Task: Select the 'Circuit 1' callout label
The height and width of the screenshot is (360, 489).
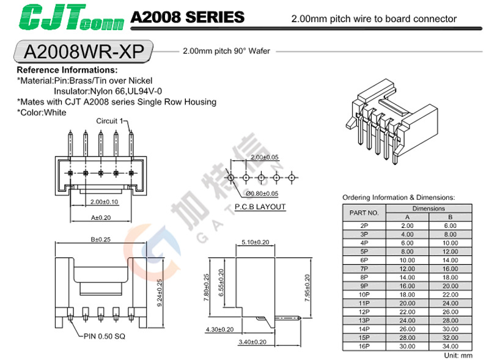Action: [110, 121]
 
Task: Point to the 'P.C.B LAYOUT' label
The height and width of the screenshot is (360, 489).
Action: [260, 207]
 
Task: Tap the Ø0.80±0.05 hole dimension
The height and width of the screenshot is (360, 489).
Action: [262, 194]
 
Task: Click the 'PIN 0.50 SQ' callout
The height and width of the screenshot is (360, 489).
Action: [105, 336]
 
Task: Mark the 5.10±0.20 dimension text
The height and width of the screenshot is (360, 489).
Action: [255, 242]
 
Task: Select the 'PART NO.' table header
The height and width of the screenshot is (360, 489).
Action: [364, 213]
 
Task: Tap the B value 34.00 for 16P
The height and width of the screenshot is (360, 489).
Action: [450, 345]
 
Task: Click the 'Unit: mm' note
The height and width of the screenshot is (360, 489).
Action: [458, 354]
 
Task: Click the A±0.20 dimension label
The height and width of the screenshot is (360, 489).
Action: [101, 217]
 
